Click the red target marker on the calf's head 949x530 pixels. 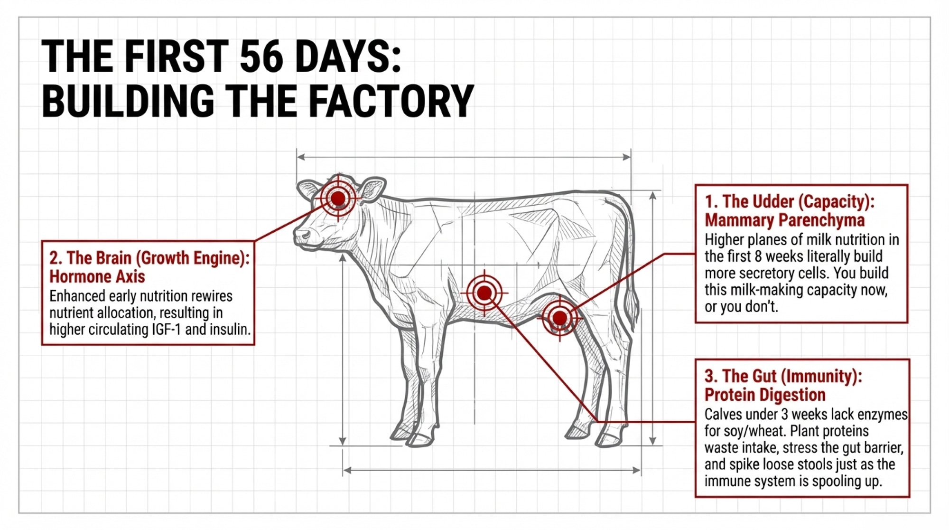(x=338, y=198)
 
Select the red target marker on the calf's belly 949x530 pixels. (x=484, y=293)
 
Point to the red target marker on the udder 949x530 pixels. (x=560, y=317)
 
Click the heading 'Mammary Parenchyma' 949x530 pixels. (x=784, y=220)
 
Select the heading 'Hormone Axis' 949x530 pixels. (x=97, y=276)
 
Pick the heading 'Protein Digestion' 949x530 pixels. (x=765, y=395)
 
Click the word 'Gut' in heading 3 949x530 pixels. (x=764, y=376)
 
